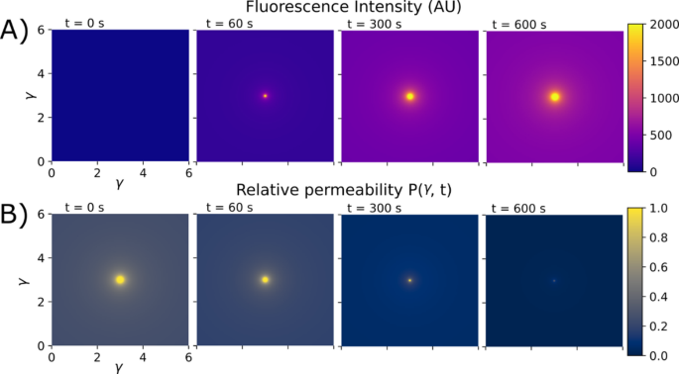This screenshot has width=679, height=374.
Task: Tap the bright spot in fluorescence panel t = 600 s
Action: pos(555,96)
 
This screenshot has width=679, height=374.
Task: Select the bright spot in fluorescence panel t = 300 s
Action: pos(409,96)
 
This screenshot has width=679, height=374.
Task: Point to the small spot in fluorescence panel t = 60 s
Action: pos(265,96)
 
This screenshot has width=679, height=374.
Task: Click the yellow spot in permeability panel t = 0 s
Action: pos(120,280)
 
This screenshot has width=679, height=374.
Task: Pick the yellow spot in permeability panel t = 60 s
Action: pos(265,280)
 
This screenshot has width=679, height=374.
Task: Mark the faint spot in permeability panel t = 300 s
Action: pos(409,280)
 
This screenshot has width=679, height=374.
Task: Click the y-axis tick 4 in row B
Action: pos(40,256)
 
